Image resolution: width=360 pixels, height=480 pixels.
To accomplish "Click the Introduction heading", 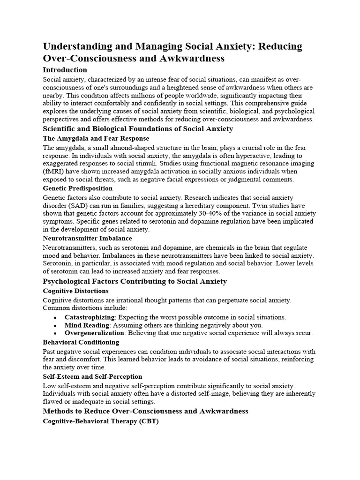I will pyautogui.click(x=65, y=70).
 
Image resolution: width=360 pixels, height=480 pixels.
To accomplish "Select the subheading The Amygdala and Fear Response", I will pyautogui.click(x=96, y=138).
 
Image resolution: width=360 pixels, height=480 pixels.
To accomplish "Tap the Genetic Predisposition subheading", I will pyautogui.click(x=77, y=188).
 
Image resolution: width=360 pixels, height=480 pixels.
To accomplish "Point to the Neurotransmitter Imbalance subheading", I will pyautogui.click(x=87, y=238).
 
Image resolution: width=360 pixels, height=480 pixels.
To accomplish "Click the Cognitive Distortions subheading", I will pyautogui.click(x=75, y=291).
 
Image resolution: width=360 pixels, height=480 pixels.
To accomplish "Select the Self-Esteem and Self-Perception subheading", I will pyautogui.click(x=92, y=376).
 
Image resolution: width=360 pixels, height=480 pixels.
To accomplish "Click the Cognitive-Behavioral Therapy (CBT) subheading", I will pyautogui.click(x=100, y=421).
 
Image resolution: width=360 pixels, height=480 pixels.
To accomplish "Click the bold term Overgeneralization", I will pyautogui.click(x=94, y=333).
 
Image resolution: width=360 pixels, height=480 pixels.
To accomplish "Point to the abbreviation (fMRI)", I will pyautogui.click(x=54, y=172).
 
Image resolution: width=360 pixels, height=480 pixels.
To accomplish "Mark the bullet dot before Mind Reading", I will pyautogui.click(x=55, y=325).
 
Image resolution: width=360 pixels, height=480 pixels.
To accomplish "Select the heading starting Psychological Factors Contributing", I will pyautogui.click(x=135, y=281).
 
